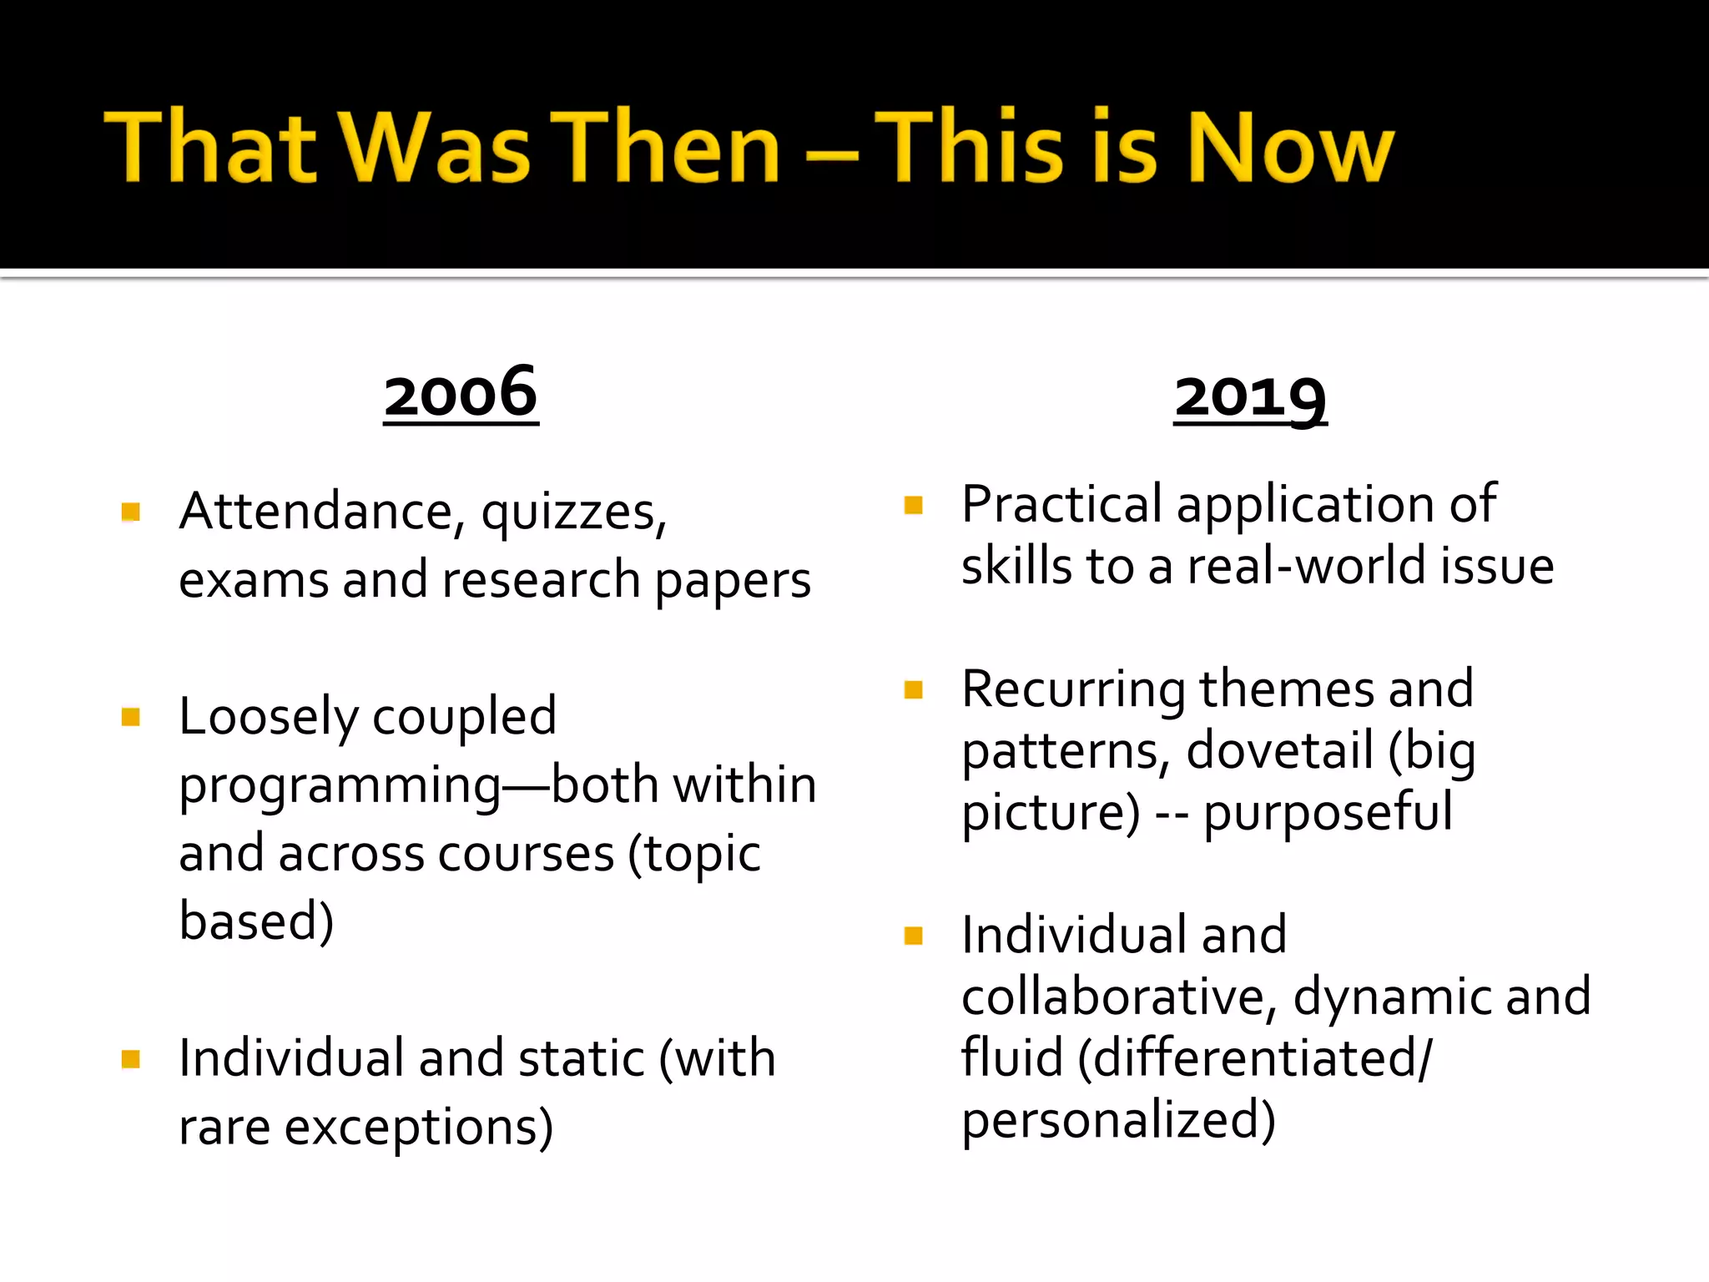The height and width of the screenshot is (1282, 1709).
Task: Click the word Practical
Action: coord(1061,504)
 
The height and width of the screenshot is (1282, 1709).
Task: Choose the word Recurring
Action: coord(1073,689)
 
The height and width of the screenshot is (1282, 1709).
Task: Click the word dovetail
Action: coord(1279,750)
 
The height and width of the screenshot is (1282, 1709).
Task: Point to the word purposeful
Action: coord(1327,813)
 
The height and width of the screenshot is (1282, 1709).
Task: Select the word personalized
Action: coord(1118,1120)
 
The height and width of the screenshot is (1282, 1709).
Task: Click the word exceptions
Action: coord(418,1128)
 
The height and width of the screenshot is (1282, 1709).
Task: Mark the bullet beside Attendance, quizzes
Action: coord(130,511)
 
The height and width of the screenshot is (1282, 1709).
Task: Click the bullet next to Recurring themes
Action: coord(914,689)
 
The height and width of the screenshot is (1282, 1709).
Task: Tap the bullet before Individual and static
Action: coord(130,1059)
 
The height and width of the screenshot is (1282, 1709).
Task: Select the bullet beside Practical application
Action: coord(914,505)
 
